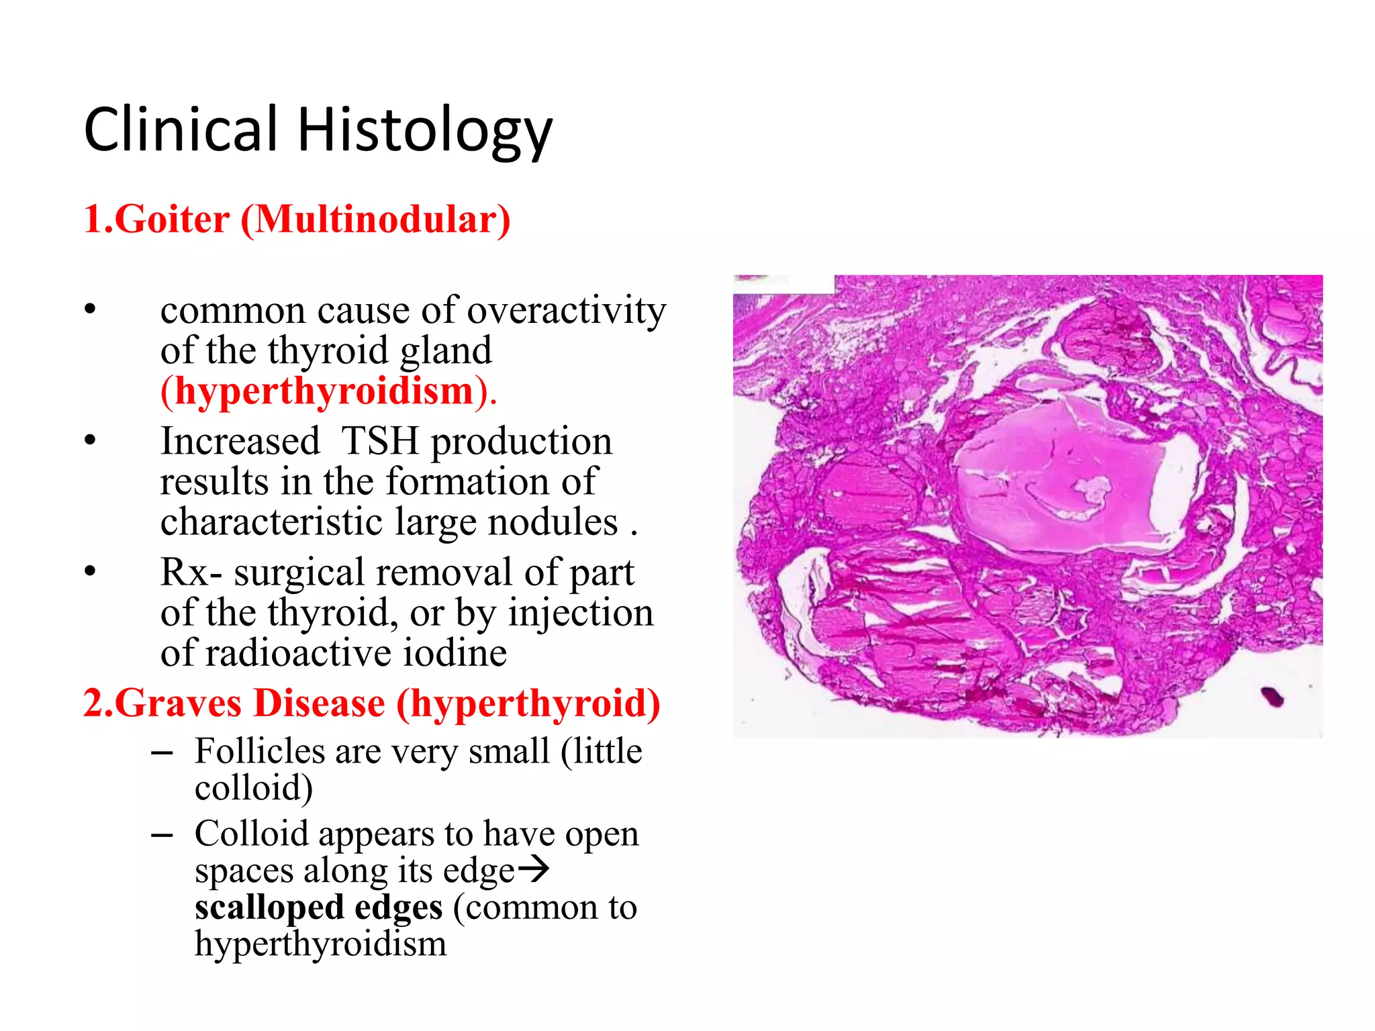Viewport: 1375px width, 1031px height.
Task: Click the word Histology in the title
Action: (424, 131)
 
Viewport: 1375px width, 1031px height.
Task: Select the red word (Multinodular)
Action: (375, 219)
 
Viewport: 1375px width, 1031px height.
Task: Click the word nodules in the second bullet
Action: (553, 522)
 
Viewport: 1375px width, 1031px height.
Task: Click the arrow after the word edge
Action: (534, 871)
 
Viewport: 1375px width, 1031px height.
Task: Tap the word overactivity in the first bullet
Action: (566, 311)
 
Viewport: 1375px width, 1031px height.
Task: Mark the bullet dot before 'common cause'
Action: (90, 310)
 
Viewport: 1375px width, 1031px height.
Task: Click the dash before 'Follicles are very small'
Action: (162, 752)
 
